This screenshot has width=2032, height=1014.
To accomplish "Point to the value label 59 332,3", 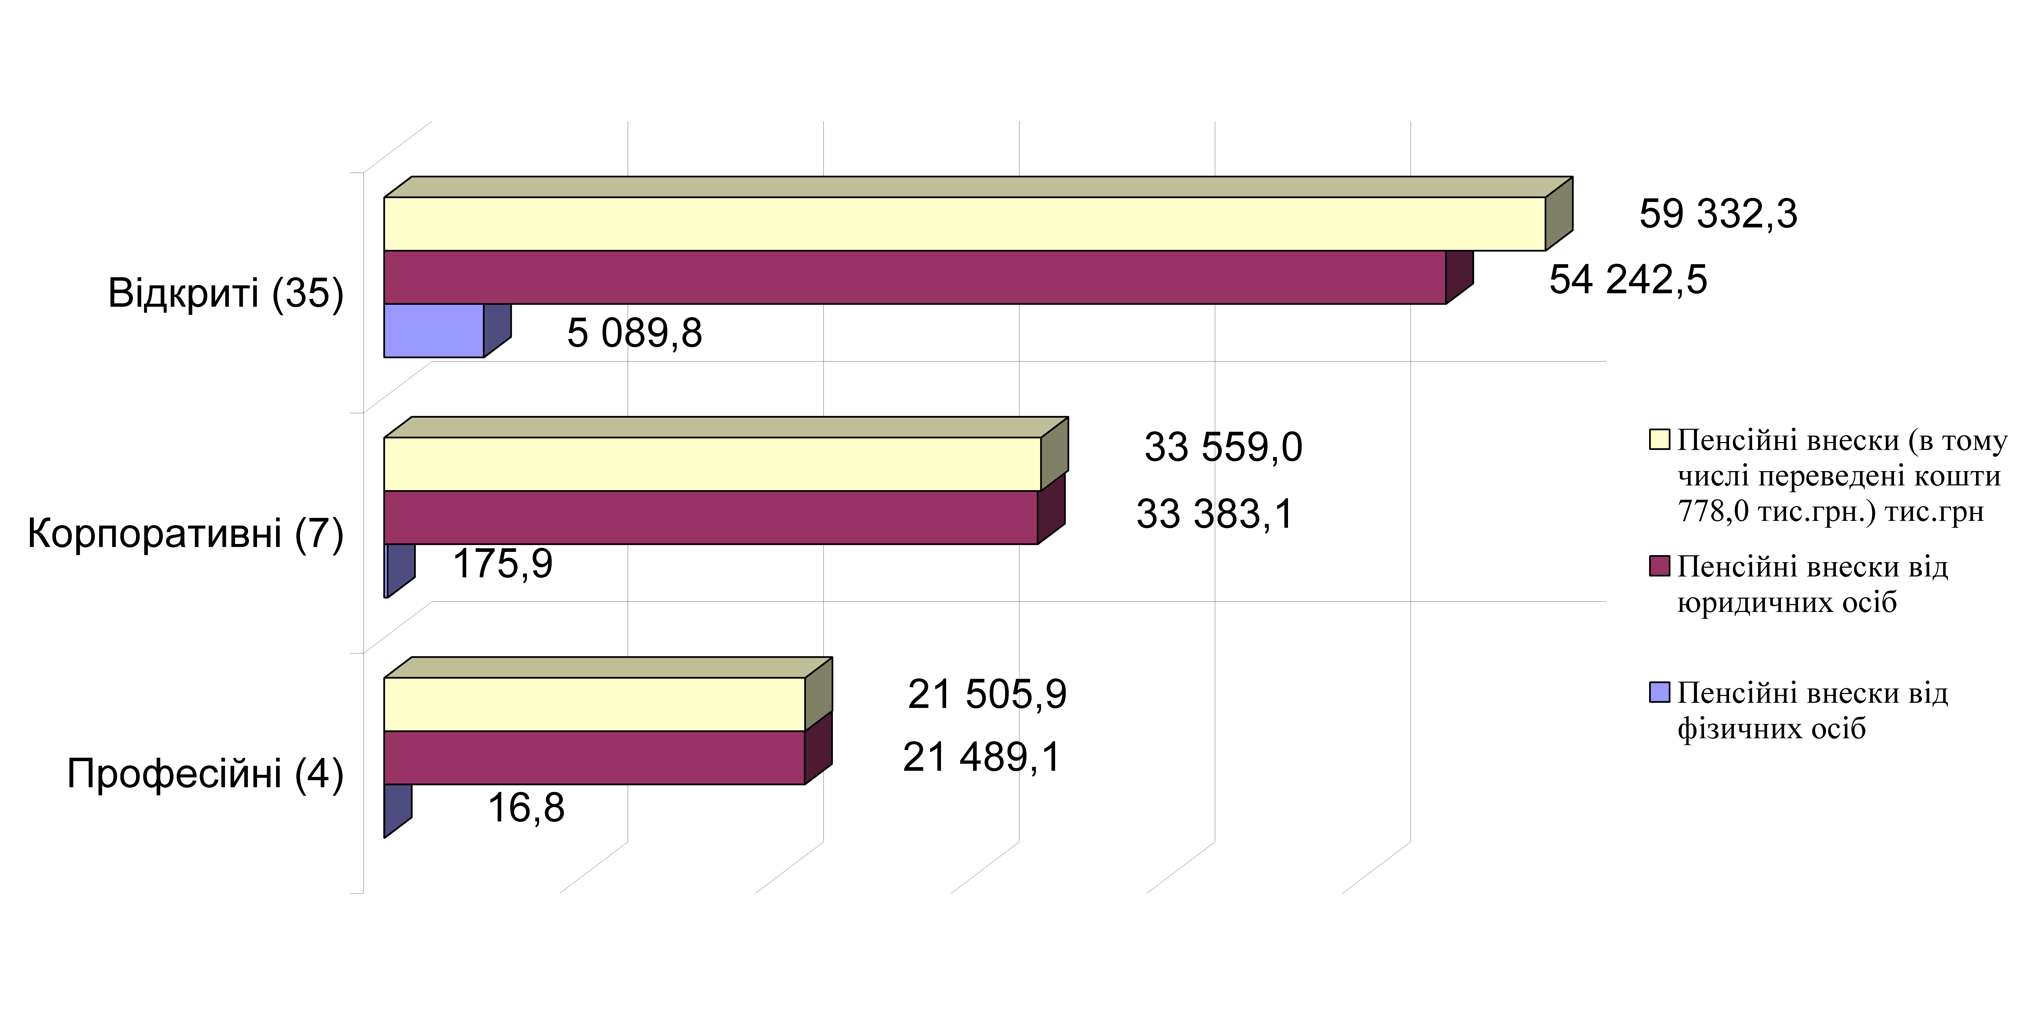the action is (x=1718, y=214).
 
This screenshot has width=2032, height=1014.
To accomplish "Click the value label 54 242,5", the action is (x=1628, y=280).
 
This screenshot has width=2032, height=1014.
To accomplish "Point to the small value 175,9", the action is (x=503, y=563).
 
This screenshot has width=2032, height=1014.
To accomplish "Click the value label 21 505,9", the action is (x=987, y=694).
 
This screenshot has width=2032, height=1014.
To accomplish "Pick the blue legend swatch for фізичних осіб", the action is (x=1659, y=692).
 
